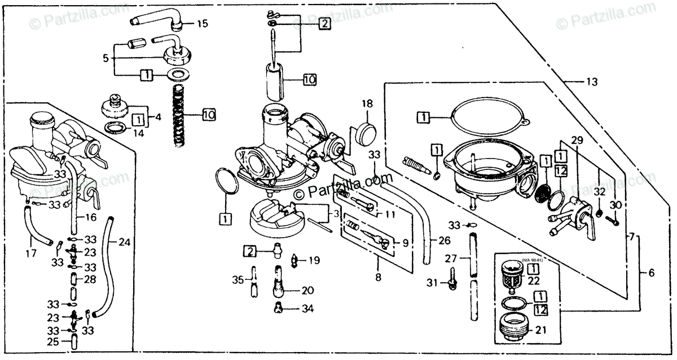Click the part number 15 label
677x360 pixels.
203,24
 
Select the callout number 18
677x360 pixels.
367,104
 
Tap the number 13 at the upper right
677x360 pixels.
591,82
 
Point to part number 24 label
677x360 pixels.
125,243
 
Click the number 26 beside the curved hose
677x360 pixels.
445,240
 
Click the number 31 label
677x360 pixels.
432,282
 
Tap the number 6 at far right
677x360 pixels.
651,273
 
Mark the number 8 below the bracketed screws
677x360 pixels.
378,277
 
